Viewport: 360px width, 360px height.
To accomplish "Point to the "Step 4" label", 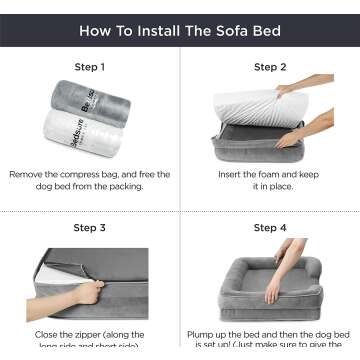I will (269, 227).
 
